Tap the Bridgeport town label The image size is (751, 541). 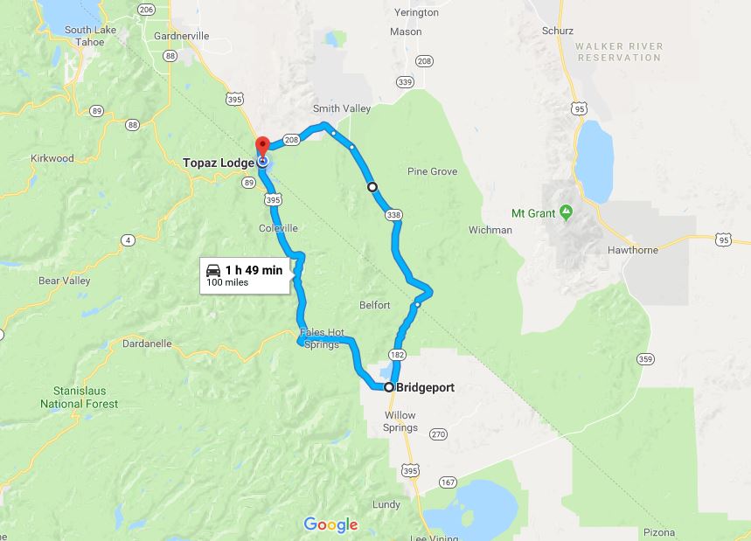pyautogui.click(x=425, y=387)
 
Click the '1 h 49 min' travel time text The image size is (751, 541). pyautogui.click(x=254, y=270)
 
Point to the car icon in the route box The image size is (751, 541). pyautogui.click(x=213, y=269)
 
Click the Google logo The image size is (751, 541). pyautogui.click(x=331, y=524)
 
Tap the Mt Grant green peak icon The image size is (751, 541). pyautogui.click(x=566, y=211)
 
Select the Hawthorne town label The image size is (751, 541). pyautogui.click(x=631, y=249)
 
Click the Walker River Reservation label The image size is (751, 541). pyautogui.click(x=619, y=52)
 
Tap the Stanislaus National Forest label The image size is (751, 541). pyautogui.click(x=79, y=398)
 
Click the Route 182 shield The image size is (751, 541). pyautogui.click(x=399, y=354)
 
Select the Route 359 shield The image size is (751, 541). pyautogui.click(x=646, y=358)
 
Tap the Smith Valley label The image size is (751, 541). pyautogui.click(x=342, y=109)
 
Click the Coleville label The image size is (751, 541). pyautogui.click(x=279, y=228)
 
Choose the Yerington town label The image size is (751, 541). pyautogui.click(x=416, y=13)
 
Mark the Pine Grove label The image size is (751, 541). pyautogui.click(x=432, y=171)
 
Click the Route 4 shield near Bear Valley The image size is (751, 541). pyautogui.click(x=129, y=239)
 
